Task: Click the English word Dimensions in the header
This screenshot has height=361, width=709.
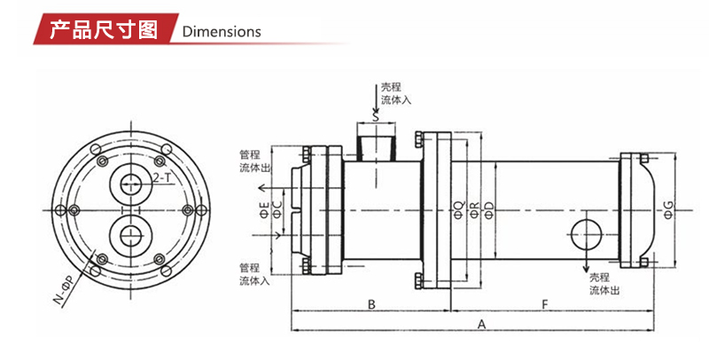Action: pos(222,32)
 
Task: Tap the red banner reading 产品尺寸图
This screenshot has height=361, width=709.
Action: pos(105,29)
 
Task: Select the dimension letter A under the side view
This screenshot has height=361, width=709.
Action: pos(482,324)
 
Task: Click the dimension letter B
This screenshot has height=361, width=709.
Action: pos(371,304)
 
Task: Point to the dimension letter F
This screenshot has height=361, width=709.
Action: pos(545,304)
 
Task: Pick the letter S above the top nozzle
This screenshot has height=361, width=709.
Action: pos(375,117)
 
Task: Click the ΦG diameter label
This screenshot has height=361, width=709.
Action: pos(668,210)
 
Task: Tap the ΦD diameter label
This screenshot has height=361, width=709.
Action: pos(489,211)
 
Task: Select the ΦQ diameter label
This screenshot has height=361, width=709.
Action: pos(458,211)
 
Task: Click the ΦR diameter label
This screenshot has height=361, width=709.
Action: pos(474,211)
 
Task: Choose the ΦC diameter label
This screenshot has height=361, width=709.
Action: pos(278,210)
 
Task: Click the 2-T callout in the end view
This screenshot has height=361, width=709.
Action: pos(162,177)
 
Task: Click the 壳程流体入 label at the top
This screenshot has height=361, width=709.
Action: pos(396,94)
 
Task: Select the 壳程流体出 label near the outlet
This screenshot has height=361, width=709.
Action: pos(604,284)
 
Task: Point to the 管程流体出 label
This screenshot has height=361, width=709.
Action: pos(255,161)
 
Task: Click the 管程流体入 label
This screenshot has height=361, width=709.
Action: pos(255,274)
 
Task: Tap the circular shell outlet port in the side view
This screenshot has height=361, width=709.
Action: pos(588,235)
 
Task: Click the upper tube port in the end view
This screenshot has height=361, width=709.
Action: pos(131,184)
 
